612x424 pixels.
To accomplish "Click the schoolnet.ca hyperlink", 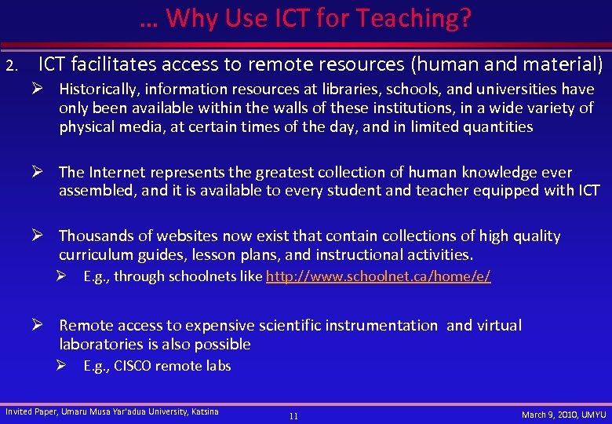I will pyautogui.click(x=378, y=276).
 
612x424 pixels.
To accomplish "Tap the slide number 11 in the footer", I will pyautogui.click(x=293, y=416).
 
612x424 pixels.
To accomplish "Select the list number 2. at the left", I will pyautogui.click(x=10, y=64).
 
